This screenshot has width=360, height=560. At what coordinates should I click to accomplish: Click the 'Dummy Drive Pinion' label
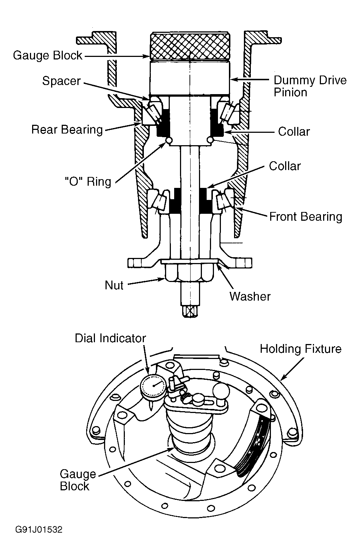pos(310,86)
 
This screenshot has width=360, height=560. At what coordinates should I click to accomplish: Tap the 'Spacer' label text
pos(61,81)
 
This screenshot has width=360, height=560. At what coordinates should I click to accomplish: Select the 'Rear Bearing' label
pos(67,130)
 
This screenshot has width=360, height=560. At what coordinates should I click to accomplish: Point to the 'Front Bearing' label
pos(306,216)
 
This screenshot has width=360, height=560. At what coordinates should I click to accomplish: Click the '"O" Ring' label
pos(88,182)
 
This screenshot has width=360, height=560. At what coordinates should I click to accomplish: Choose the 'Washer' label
pos(250,297)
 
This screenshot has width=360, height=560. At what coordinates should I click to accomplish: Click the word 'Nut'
pos(114,285)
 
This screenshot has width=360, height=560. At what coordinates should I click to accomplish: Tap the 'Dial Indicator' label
pos(110,338)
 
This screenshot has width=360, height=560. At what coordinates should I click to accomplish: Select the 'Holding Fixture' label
pos(300,349)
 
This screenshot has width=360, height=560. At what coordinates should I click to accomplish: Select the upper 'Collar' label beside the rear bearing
pos(294,131)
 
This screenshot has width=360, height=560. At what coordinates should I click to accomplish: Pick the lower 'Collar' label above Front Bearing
pos(285,166)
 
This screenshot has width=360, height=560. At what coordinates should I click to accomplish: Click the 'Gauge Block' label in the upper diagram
pos(47,55)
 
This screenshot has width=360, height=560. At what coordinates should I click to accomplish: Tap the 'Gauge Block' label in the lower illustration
pos(78,480)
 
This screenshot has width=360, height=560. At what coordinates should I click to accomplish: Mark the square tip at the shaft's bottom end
pos(190,312)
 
